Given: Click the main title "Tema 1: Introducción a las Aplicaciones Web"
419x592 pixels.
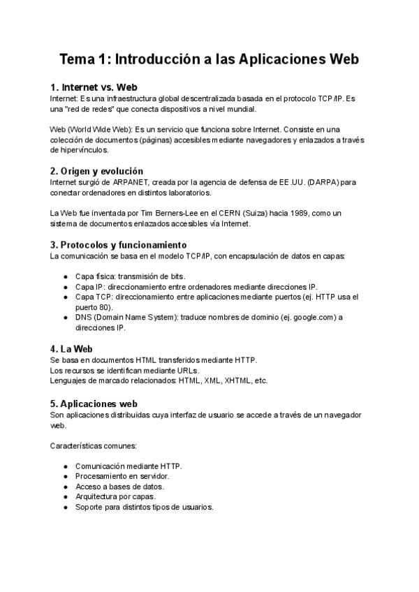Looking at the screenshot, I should pos(209,59).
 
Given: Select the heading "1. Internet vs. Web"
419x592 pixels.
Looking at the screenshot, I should pos(94,87).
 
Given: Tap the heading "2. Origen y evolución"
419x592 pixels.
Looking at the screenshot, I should pos(97,170).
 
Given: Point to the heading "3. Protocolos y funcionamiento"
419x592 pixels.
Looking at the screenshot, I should pos(118,245).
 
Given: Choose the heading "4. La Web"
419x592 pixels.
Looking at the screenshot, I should pos(72,348).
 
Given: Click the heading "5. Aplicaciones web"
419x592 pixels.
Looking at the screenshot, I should pos(94,404).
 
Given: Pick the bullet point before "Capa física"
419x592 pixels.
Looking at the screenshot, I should pos(66,276).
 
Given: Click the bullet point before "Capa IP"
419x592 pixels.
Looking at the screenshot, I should pos(66,287).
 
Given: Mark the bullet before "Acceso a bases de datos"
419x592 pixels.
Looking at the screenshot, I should pos(66,487).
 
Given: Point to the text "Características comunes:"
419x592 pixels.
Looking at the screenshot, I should pos(94,445).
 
